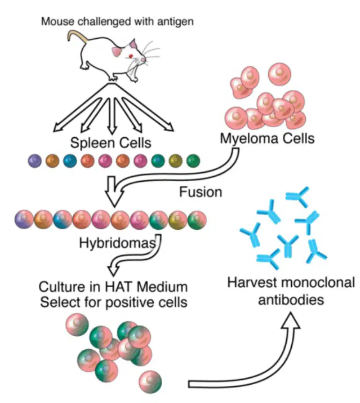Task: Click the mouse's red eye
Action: pyautogui.click(x=131, y=56)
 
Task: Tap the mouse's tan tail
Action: pyautogui.click(x=77, y=35)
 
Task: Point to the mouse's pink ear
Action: pyautogui.click(x=134, y=44)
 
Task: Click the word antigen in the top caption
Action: pyautogui.click(x=175, y=21)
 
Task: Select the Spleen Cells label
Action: pyautogui.click(x=111, y=143)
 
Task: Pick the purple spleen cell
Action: pyautogui.click(x=35, y=161)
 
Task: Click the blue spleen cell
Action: pyautogui.click(x=70, y=161)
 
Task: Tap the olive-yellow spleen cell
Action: pyautogui.click(x=175, y=161)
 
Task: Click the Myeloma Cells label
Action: pyautogui.click(x=267, y=139)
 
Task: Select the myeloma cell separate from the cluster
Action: pyautogui.click(x=280, y=74)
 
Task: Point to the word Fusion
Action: pyautogui.click(x=201, y=192)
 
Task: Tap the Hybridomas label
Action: pyautogui.click(x=117, y=243)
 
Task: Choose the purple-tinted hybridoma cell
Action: pyautogui.click(x=24, y=219)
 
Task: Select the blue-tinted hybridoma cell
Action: pyautogui.click(x=63, y=219)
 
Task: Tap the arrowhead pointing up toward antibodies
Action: pyautogui.click(x=290, y=320)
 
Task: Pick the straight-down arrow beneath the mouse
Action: pyautogui.click(x=112, y=116)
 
